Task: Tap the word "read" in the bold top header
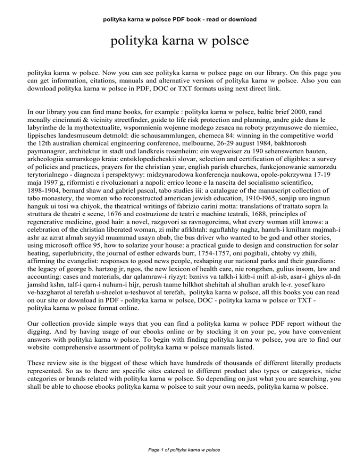[x=210, y=7]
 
